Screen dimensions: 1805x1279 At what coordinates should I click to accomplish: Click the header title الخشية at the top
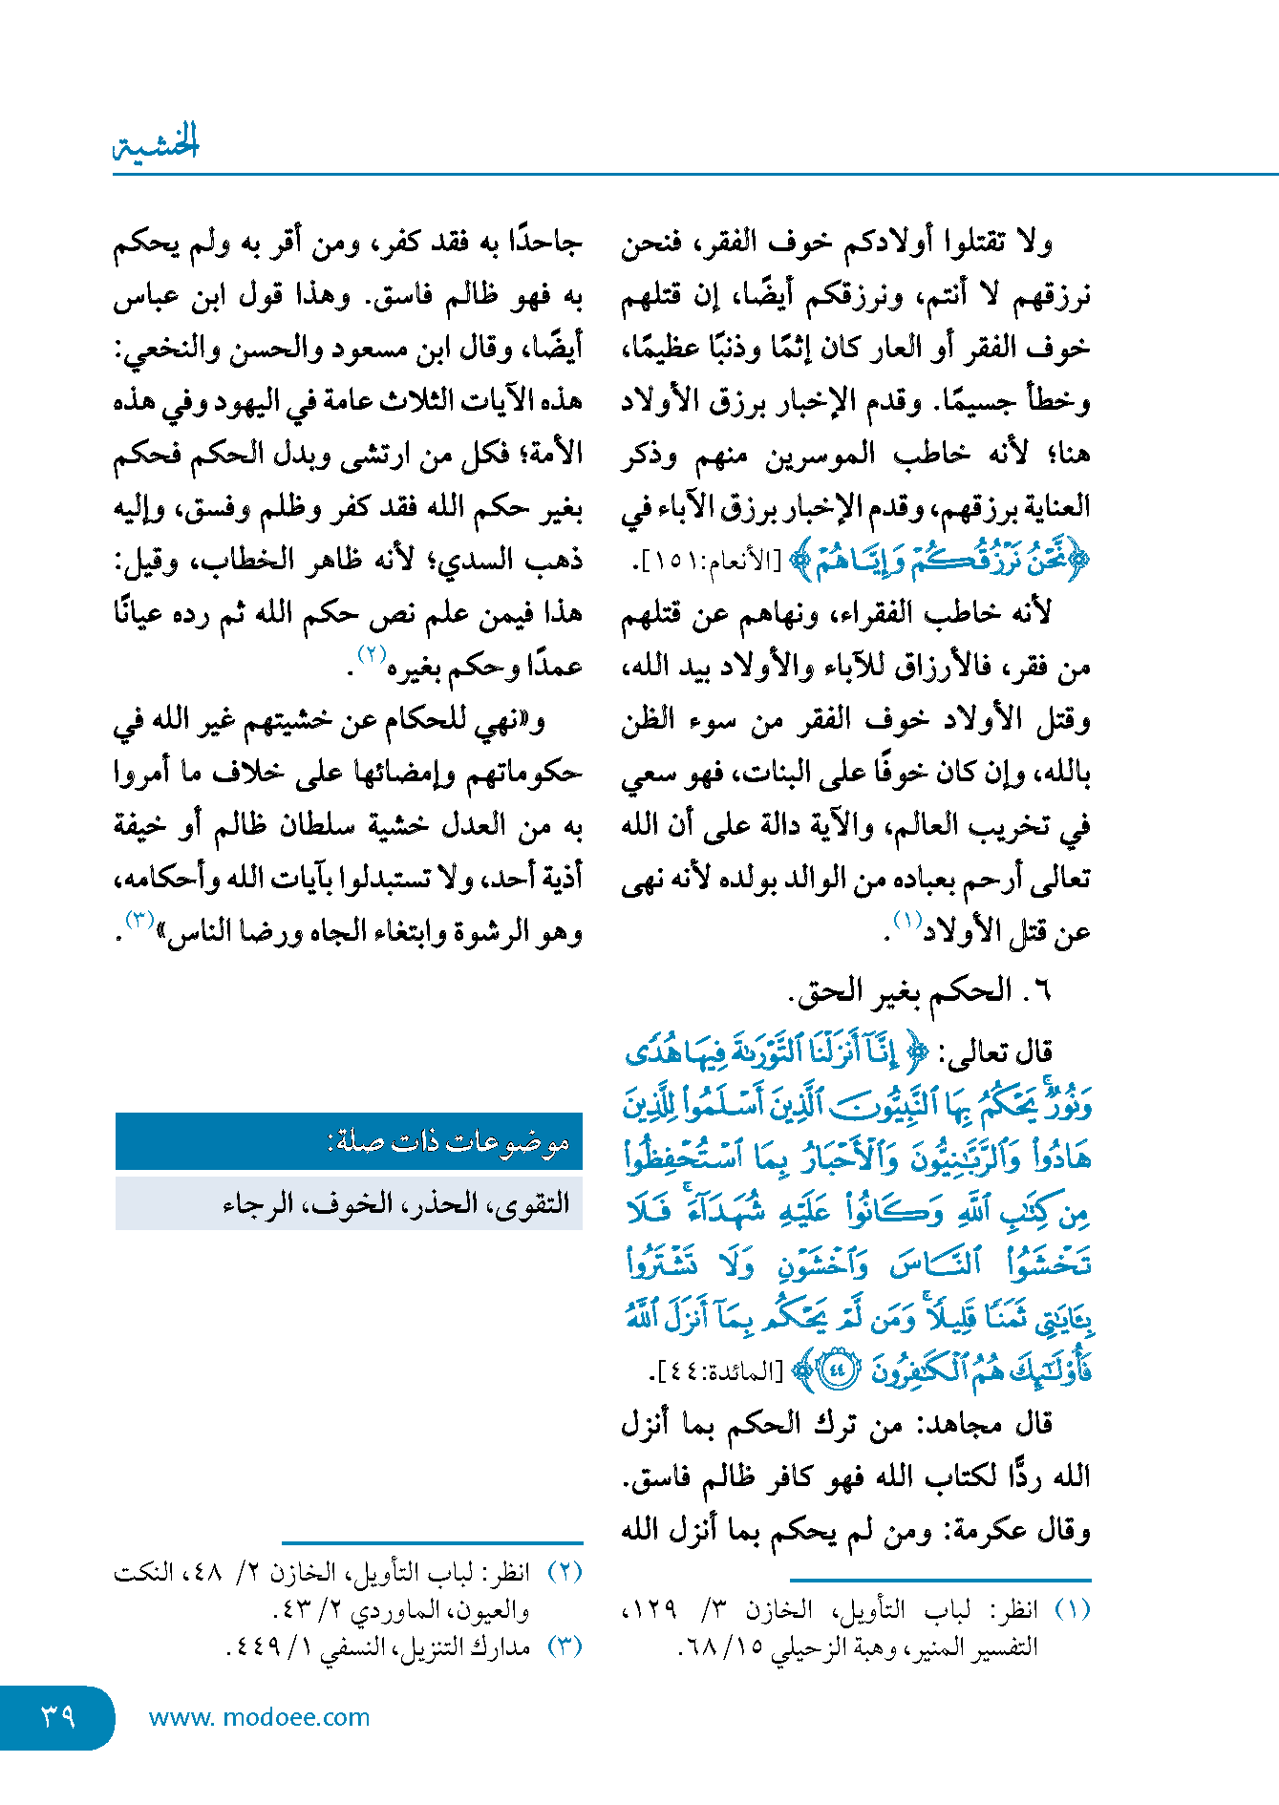coord(157,143)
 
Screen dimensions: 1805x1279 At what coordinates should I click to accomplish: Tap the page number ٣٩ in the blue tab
coord(57,1716)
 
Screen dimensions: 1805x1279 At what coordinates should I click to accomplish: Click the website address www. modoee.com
coord(259,1717)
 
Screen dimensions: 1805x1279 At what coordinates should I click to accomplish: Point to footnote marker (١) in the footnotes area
coord(1072,1610)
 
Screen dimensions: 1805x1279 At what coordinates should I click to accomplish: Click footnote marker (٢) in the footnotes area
coord(565,1572)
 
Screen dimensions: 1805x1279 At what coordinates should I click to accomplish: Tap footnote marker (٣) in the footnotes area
coord(565,1646)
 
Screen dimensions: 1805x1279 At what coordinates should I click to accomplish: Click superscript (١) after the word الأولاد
coord(906,920)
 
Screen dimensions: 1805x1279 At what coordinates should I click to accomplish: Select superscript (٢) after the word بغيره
coord(371,654)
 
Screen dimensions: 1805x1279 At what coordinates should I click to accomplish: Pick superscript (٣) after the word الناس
coord(139,920)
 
